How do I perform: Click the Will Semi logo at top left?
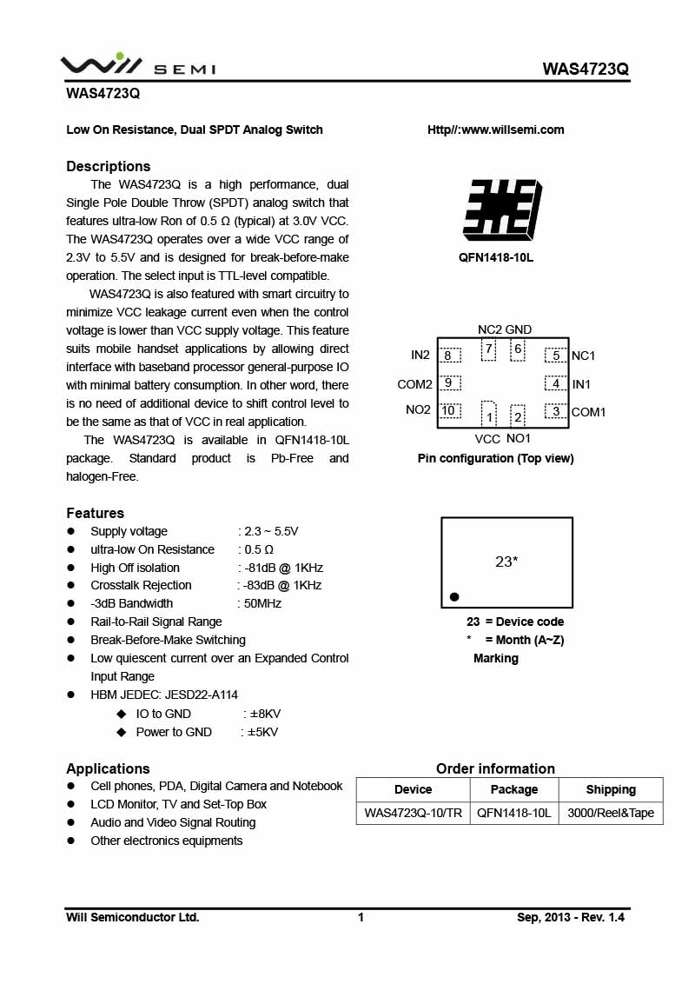(x=137, y=65)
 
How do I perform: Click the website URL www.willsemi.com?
(x=495, y=130)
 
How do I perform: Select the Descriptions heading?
(x=109, y=166)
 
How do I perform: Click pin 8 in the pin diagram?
(x=448, y=356)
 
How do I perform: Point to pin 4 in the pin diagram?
(x=556, y=383)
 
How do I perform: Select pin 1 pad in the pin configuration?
(x=489, y=415)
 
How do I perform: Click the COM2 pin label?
(x=414, y=384)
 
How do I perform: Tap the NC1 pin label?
(x=584, y=356)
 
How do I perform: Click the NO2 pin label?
(x=418, y=410)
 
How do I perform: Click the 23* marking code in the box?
(x=506, y=562)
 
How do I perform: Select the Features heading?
(x=96, y=513)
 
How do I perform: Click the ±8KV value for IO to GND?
(x=264, y=714)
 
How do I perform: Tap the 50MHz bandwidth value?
(x=262, y=603)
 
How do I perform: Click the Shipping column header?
(x=611, y=789)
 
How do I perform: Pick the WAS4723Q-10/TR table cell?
(x=413, y=813)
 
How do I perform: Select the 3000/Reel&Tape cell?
(x=611, y=813)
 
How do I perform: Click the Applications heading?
(x=108, y=768)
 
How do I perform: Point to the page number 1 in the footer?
(x=361, y=917)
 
